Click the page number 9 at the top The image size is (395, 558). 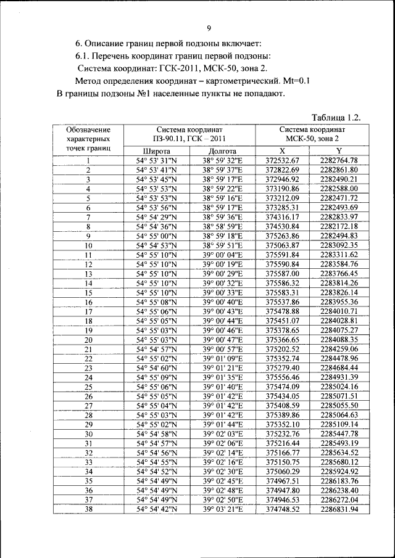coord(209,28)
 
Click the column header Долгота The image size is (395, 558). coord(223,150)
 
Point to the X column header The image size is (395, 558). coord(282,150)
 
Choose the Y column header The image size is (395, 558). coord(339,150)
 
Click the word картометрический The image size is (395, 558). coord(247,81)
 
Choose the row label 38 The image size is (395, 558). coord(88,509)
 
